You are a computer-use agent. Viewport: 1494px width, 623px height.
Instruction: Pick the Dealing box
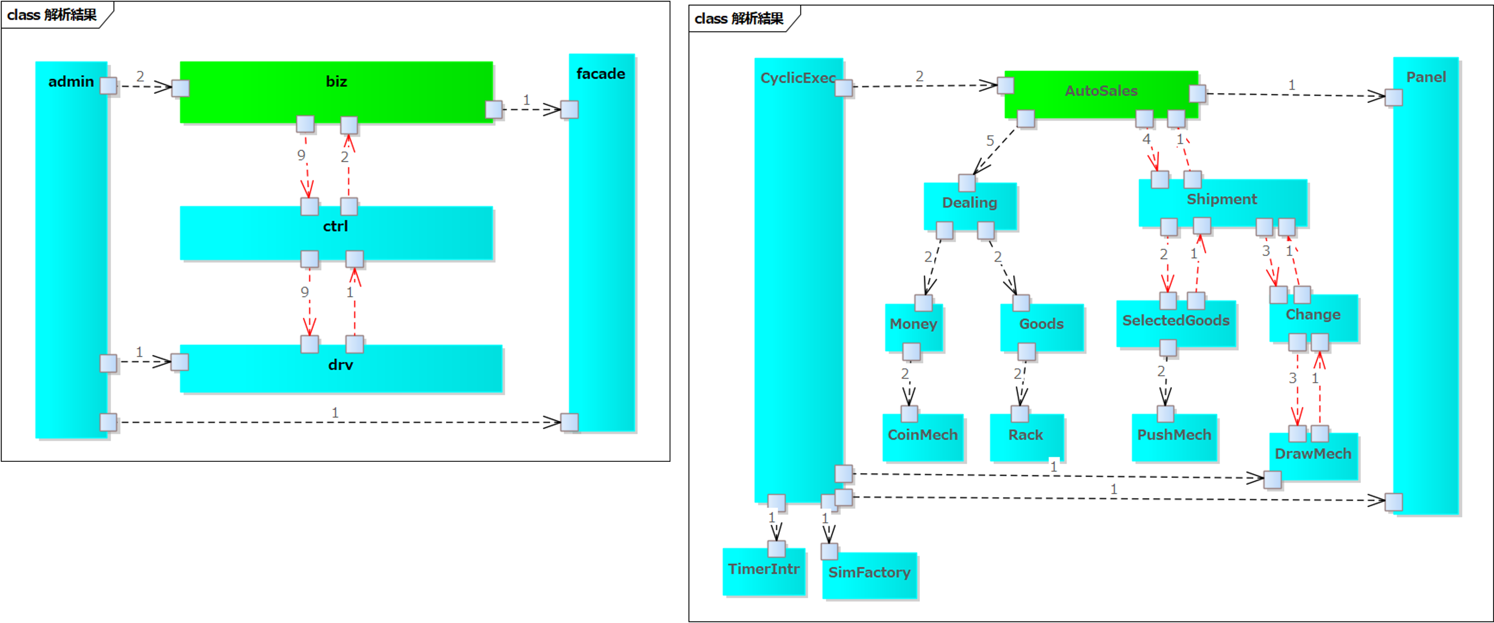[970, 206]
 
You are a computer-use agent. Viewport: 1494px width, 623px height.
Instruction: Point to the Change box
[1313, 317]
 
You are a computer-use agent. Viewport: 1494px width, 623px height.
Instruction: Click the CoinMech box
[923, 437]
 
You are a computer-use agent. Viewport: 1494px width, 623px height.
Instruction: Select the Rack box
[1026, 437]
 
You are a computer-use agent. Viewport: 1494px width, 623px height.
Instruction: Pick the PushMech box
[1174, 437]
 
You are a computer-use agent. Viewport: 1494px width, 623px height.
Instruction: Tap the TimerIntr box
[764, 571]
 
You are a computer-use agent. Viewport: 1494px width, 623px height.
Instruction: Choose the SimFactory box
[869, 575]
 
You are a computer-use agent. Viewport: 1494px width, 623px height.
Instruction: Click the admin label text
[71, 82]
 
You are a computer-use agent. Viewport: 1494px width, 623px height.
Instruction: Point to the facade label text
[601, 73]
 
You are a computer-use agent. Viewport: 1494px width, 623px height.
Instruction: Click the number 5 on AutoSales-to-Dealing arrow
[990, 140]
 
